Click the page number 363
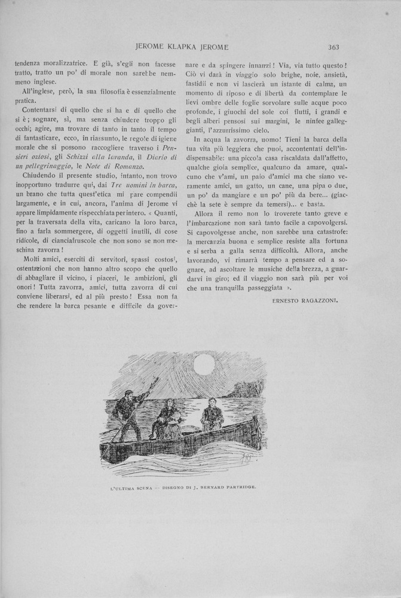(x=333, y=47)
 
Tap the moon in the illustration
(x=204, y=364)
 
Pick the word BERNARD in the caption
(x=207, y=487)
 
